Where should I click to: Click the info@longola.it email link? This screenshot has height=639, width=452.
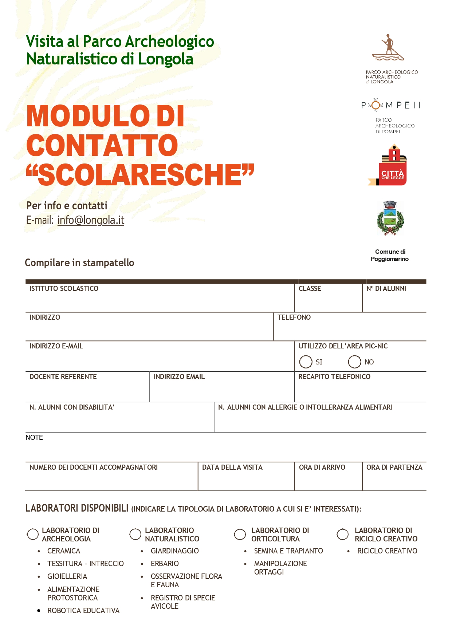91,220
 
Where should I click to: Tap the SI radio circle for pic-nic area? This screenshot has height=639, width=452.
306,362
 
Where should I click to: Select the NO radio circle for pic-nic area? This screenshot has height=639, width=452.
354,362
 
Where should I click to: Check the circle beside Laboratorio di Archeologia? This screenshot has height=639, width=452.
33,534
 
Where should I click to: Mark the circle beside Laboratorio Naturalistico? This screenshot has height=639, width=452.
135,534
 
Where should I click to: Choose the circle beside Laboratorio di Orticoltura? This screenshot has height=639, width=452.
240,534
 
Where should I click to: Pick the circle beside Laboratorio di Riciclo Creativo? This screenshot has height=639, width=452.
342,534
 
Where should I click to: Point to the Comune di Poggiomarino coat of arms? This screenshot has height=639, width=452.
390,218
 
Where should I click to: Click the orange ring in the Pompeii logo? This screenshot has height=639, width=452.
376,105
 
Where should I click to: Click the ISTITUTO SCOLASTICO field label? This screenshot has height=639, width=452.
64,289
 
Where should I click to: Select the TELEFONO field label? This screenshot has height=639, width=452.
294,317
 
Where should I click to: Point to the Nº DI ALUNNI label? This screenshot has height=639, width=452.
386,289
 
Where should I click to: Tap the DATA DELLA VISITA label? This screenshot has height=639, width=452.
232,468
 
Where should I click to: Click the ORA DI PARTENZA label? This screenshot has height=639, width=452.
394,468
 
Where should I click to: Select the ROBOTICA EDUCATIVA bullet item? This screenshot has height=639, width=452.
83,611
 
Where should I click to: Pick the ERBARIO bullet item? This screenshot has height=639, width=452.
165,564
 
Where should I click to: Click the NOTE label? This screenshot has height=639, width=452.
34,438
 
